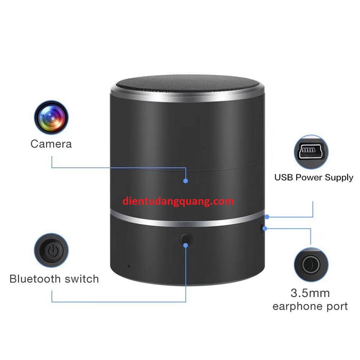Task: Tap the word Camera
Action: (x=51, y=144)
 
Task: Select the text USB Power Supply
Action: (x=313, y=177)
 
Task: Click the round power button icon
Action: (x=51, y=250)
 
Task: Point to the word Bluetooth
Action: (x=35, y=279)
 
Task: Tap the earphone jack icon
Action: (x=311, y=265)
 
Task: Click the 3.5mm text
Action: (x=310, y=292)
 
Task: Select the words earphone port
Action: (x=310, y=306)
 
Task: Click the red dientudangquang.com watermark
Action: (x=178, y=201)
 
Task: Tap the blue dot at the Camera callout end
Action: (x=186, y=181)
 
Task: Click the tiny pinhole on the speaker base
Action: (x=129, y=266)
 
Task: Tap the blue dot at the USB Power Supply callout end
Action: (x=267, y=217)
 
